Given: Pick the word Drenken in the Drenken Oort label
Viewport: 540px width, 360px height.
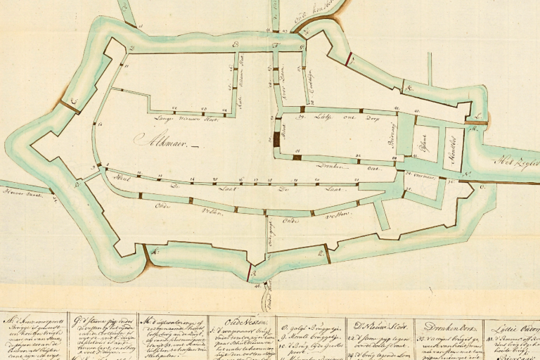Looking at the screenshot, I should point(327,166).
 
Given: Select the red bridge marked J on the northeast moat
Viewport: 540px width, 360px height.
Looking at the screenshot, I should point(349,60).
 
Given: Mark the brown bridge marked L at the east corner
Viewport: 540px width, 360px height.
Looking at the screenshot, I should point(479,124).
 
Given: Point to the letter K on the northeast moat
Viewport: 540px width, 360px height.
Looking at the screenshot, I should point(407,89).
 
